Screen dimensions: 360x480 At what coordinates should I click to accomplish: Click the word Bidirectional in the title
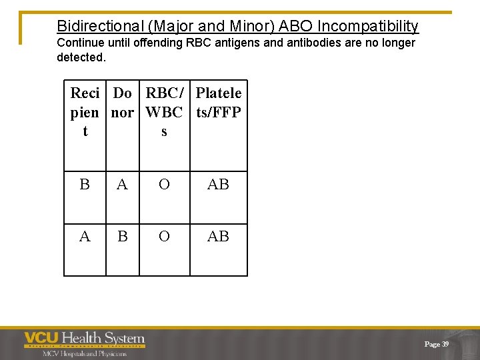(100, 26)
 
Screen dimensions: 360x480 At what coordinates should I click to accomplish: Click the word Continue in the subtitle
(81, 43)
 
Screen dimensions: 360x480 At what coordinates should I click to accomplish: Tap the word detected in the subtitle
(80, 57)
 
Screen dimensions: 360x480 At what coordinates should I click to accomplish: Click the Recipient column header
(85, 112)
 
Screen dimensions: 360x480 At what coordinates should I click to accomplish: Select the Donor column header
(122, 103)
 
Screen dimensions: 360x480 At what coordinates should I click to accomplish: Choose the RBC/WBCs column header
(164, 112)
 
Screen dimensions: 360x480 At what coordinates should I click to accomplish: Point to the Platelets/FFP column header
(219, 103)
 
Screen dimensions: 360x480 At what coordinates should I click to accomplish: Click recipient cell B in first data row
(85, 185)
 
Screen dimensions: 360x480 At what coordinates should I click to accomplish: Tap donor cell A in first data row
(122, 185)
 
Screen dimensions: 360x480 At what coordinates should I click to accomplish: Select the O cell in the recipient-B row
(164, 185)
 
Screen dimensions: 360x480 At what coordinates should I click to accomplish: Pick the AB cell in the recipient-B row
(218, 185)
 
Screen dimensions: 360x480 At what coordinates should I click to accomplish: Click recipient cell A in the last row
(85, 237)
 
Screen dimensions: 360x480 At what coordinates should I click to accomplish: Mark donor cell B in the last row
(122, 237)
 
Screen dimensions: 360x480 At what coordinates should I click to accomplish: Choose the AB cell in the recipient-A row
(218, 237)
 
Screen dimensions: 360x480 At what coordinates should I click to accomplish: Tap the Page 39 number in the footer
(437, 344)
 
